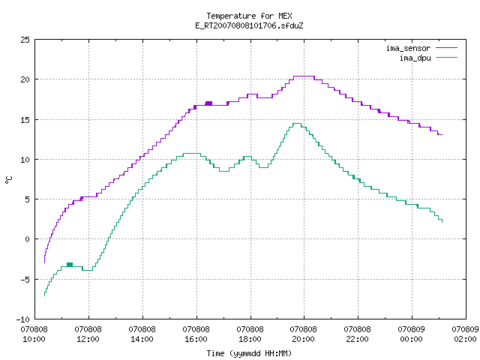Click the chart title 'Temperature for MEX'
(x=249, y=16)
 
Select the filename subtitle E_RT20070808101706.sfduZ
(x=249, y=25)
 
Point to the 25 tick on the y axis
(x=25, y=40)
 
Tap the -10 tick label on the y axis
(x=23, y=319)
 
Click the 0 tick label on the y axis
(x=27, y=239)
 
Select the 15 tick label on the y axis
(x=25, y=120)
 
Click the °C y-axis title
(x=8, y=180)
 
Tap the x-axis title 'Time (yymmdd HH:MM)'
(x=249, y=353)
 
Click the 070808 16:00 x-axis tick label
(x=196, y=334)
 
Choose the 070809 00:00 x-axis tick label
(x=411, y=334)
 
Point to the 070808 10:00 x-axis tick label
(x=34, y=334)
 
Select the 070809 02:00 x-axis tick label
(x=465, y=334)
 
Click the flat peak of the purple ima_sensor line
(x=304, y=76)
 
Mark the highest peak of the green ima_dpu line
(x=297, y=123)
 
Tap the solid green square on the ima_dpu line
(x=70, y=265)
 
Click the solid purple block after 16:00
(x=208, y=103)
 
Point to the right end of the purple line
(x=442, y=134)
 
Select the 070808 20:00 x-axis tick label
(x=303, y=334)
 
